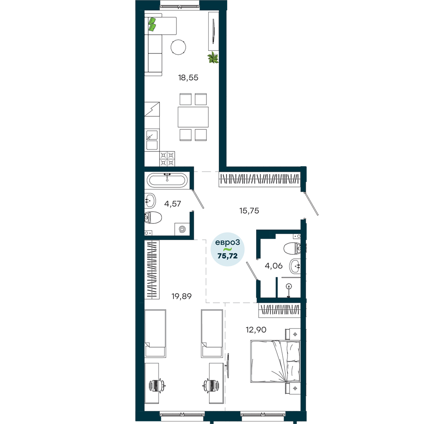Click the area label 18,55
(188, 78)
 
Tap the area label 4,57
(173, 204)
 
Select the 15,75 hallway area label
(249, 211)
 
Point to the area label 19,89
(181, 296)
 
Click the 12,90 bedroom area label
(256, 329)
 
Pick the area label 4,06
(273, 266)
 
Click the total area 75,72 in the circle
(227, 256)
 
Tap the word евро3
(227, 243)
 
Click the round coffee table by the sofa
(179, 47)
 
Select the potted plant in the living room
(213, 58)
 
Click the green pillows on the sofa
(152, 24)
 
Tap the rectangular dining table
(193, 117)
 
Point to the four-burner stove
(167, 159)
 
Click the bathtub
(167, 179)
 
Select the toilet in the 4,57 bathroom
(153, 218)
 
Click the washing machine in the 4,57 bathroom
(182, 229)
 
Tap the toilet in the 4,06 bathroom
(292, 248)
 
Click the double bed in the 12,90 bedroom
(275, 362)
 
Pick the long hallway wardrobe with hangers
(259, 179)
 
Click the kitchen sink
(152, 140)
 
